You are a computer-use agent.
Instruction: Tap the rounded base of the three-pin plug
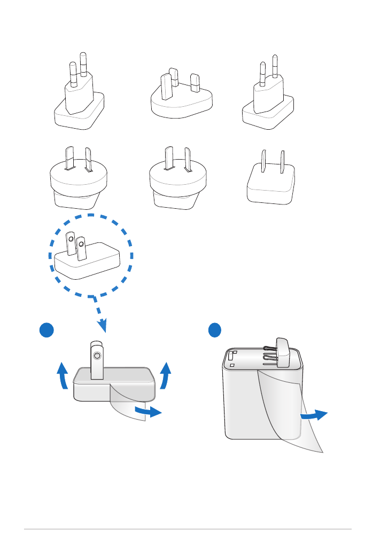pos(182,107)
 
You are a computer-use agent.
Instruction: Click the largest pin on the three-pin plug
pos(166,86)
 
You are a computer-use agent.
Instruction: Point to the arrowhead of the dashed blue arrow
pos(103,324)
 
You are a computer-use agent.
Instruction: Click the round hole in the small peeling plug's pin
pos(96,355)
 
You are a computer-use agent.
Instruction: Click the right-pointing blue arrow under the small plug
pos(149,411)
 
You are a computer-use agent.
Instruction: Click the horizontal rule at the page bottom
pos(188,529)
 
